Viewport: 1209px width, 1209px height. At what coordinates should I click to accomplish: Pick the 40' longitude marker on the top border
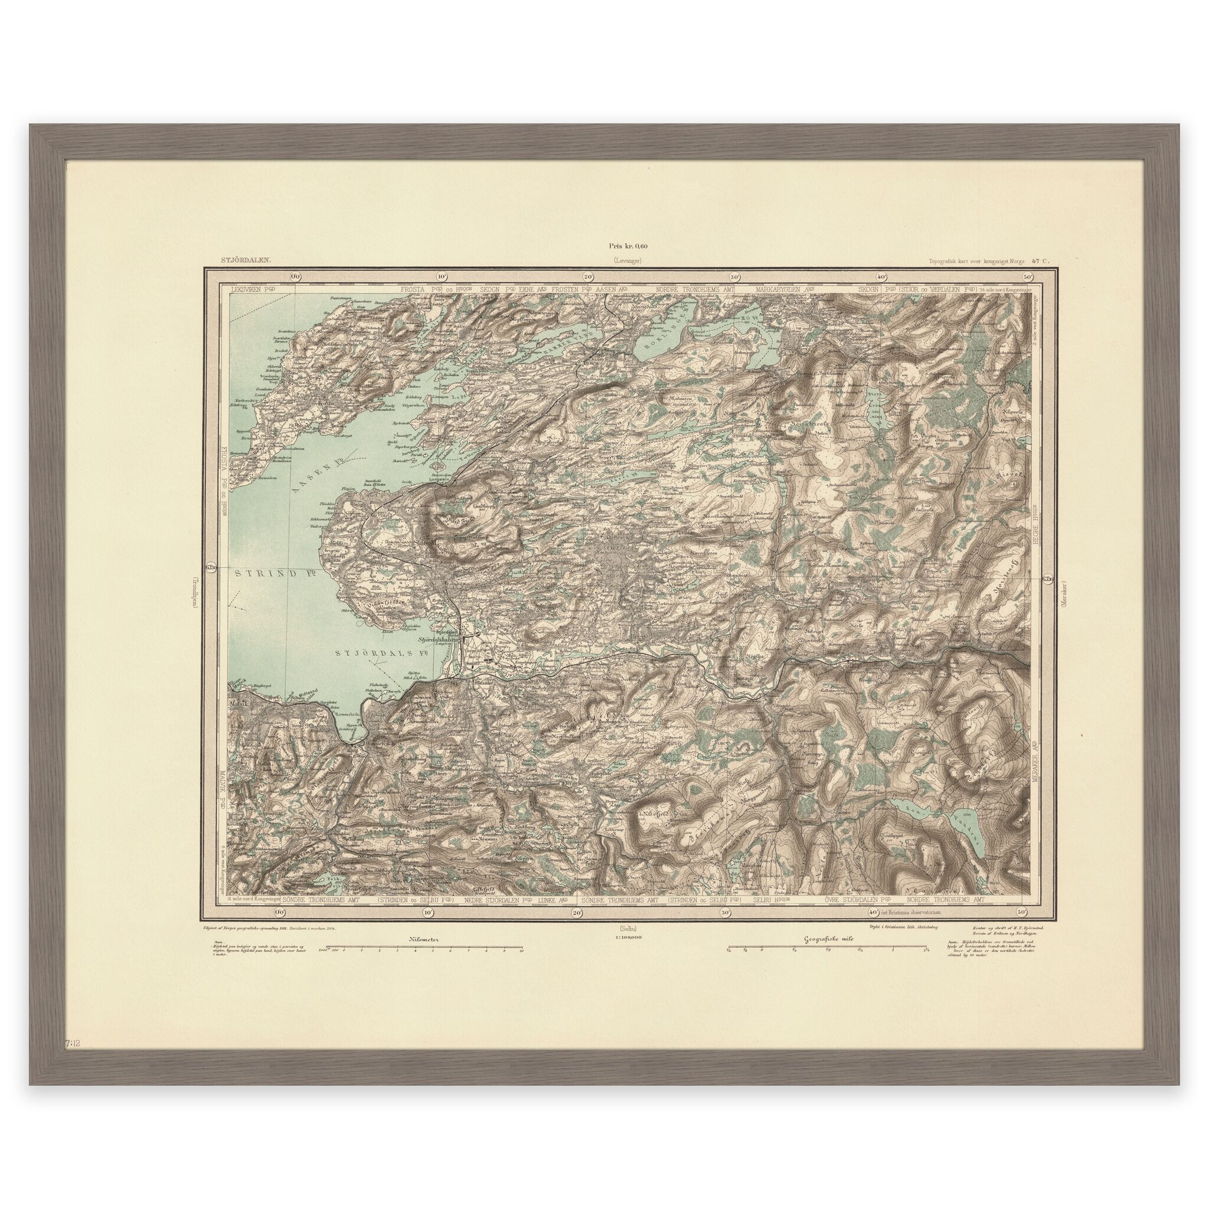(x=881, y=276)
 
